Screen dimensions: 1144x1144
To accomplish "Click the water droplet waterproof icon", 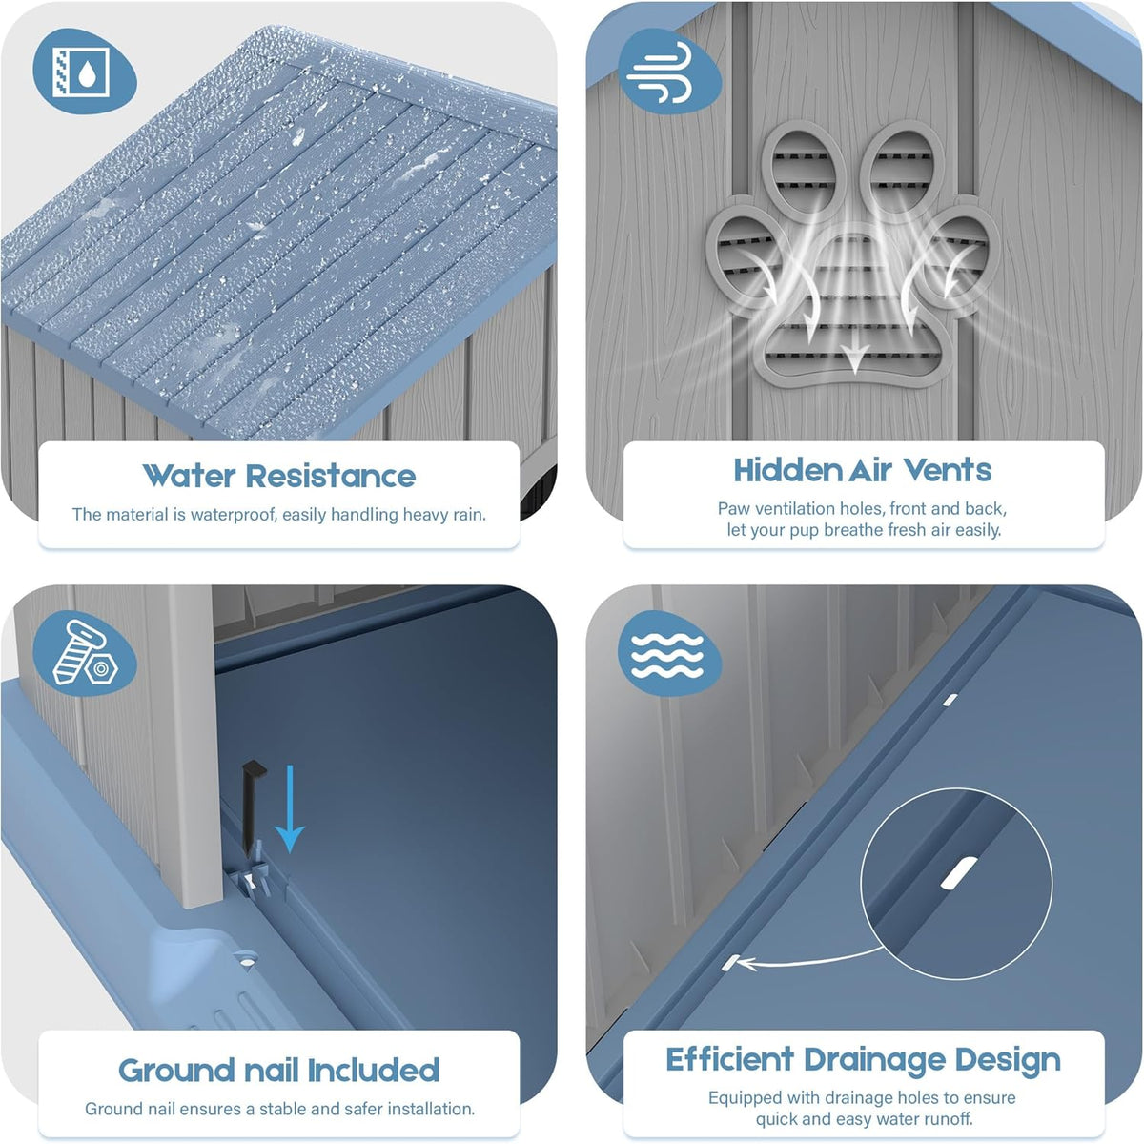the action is (82, 73).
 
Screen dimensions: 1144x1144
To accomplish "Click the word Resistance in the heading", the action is (331, 476).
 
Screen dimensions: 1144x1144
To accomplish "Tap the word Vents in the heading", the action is (948, 470).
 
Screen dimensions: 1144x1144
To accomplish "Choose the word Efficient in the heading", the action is (729, 1059).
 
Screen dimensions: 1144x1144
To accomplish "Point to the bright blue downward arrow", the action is (290, 808).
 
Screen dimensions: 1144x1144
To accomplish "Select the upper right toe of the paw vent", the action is (901, 172).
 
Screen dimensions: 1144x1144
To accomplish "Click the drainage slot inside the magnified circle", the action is (959, 873).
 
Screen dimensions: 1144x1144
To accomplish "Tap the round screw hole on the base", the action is (245, 957).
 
